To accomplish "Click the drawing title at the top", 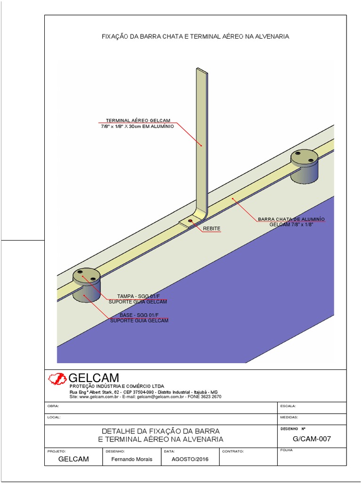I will click(x=195, y=36).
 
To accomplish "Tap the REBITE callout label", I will click(x=212, y=228).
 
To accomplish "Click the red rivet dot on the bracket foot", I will click(x=190, y=220).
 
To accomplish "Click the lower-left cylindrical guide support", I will click(x=86, y=285).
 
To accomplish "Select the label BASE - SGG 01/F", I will click(x=139, y=315).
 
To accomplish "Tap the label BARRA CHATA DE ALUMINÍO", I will click(x=291, y=219).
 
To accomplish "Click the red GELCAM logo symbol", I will click(x=58, y=378).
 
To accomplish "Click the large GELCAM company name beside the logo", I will click(x=94, y=378).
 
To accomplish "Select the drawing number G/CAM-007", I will click(x=312, y=439).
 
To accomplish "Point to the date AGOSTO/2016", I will click(x=189, y=459).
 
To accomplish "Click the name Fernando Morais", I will click(x=132, y=459).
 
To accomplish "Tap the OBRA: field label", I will click(x=53, y=406).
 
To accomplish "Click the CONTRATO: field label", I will click(x=232, y=451).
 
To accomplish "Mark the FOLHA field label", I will click(x=286, y=450).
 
